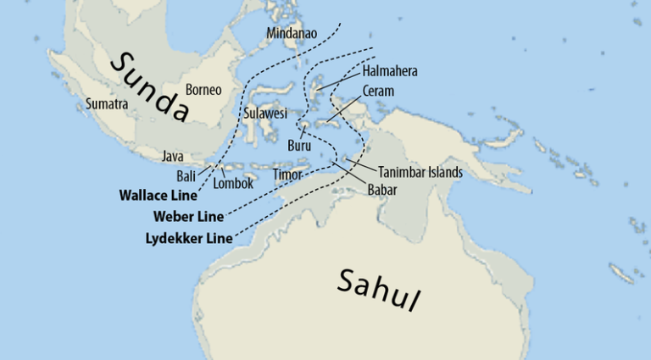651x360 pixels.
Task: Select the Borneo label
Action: (203, 89)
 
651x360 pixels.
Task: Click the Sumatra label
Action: (107, 104)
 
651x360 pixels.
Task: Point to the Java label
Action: (173, 156)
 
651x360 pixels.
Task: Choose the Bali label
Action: (186, 175)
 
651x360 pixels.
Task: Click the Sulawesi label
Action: (265, 113)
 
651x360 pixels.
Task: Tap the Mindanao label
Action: (292, 34)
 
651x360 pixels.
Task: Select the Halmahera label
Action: (390, 71)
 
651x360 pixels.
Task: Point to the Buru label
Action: (299, 145)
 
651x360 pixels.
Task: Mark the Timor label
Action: (287, 174)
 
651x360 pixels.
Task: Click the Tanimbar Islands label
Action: (420, 172)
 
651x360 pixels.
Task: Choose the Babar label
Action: (382, 190)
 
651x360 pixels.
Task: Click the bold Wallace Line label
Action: (155, 195)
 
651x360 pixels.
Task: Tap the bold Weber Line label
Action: (188, 217)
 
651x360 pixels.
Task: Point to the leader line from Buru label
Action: (300, 133)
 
